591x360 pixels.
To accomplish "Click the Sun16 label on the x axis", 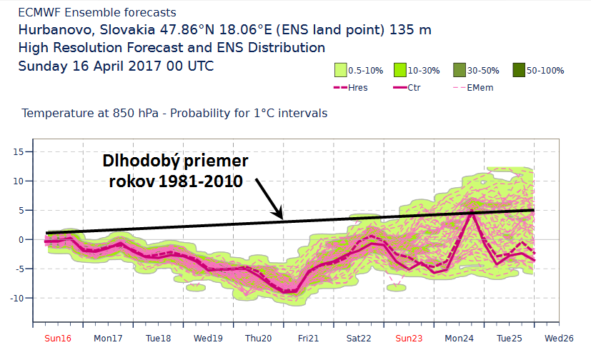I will pyautogui.click(x=58, y=337).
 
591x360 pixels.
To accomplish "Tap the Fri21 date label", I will pyautogui.click(x=309, y=337).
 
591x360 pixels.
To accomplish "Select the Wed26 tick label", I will pyautogui.click(x=559, y=337).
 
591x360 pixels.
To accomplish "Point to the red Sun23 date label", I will pyautogui.click(x=409, y=337).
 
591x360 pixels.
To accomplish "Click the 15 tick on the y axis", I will pyautogui.click(x=19, y=151).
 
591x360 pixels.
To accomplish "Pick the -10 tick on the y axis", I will pyautogui.click(x=17, y=298).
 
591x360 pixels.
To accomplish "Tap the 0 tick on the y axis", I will pyautogui.click(x=22, y=239).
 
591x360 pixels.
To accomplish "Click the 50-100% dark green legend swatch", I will pyautogui.click(x=518, y=71).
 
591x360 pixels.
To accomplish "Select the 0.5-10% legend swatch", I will pyautogui.click(x=340, y=71).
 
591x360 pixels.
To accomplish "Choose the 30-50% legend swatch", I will pyautogui.click(x=458, y=71).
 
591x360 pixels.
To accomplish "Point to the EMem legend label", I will pyautogui.click(x=480, y=88).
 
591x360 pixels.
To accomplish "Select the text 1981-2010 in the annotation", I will pyautogui.click(x=202, y=181).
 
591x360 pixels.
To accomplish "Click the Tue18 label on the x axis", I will pyautogui.click(x=159, y=337).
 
